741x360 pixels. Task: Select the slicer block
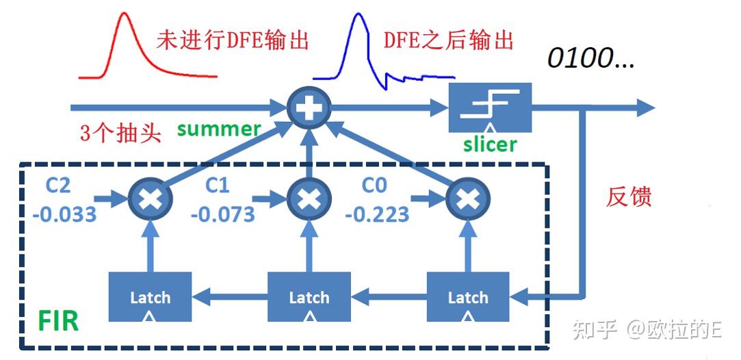click(489, 107)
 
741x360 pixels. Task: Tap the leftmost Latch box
click(151, 297)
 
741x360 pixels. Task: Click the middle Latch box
click(309, 297)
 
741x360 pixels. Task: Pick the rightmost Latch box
click(468, 297)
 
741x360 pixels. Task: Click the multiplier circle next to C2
click(151, 199)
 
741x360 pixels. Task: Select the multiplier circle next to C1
click(309, 199)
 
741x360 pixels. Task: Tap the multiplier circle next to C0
click(468, 199)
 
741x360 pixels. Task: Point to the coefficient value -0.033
click(64, 214)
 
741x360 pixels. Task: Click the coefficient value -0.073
click(223, 214)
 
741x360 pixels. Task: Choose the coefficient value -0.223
click(377, 214)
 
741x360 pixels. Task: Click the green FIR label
click(58, 322)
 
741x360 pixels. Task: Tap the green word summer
click(219, 129)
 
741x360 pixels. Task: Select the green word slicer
click(489, 144)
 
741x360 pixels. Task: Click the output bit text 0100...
click(590, 59)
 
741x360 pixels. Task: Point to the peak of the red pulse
click(124, 15)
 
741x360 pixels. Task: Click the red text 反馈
click(629, 196)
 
